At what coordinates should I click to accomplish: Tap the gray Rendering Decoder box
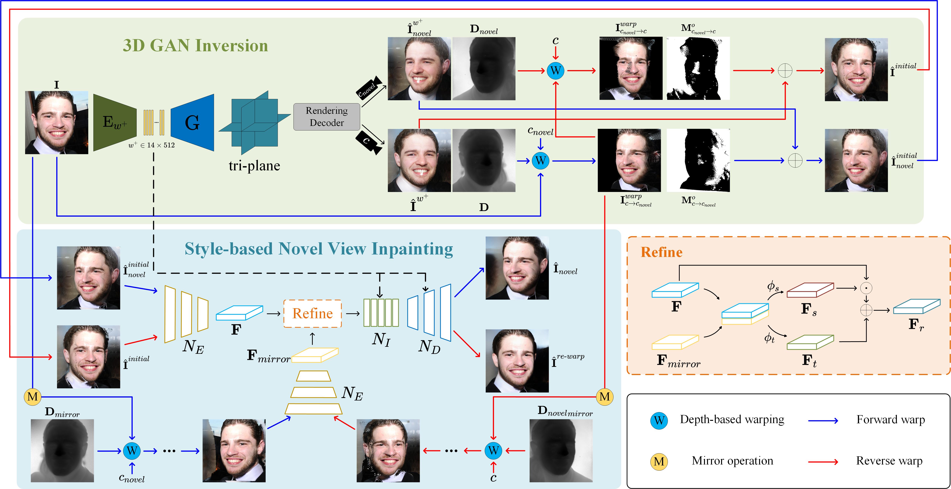coord(326,117)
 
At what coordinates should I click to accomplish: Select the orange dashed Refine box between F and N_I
coord(312,314)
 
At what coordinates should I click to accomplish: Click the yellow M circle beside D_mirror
coord(32,397)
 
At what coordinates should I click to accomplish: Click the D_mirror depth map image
coord(62,450)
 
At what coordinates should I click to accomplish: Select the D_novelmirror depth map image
coord(561,450)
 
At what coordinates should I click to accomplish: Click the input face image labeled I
coord(56,122)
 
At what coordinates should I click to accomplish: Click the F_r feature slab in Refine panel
coord(916,306)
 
